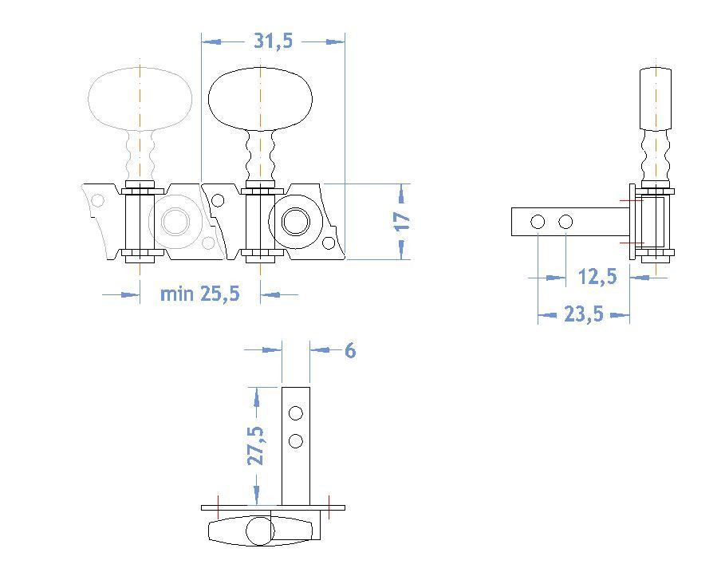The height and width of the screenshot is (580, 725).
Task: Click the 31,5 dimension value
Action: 273,41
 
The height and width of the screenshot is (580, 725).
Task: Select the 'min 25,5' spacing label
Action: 199,294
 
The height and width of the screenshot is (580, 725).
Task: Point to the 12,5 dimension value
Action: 597,277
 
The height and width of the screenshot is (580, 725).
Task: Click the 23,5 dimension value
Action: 584,315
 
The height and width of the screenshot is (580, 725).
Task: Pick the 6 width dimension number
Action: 349,350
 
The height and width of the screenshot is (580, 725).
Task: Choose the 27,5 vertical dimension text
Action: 255,445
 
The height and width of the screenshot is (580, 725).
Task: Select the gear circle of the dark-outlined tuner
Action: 294,221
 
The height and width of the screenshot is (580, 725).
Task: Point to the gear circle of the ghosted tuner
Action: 173,221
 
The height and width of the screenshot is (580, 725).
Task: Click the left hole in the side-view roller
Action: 538,221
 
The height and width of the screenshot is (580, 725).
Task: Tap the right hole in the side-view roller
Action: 565,221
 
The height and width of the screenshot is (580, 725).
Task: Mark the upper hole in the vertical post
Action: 296,412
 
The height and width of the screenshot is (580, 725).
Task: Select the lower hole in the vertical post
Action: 296,440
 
